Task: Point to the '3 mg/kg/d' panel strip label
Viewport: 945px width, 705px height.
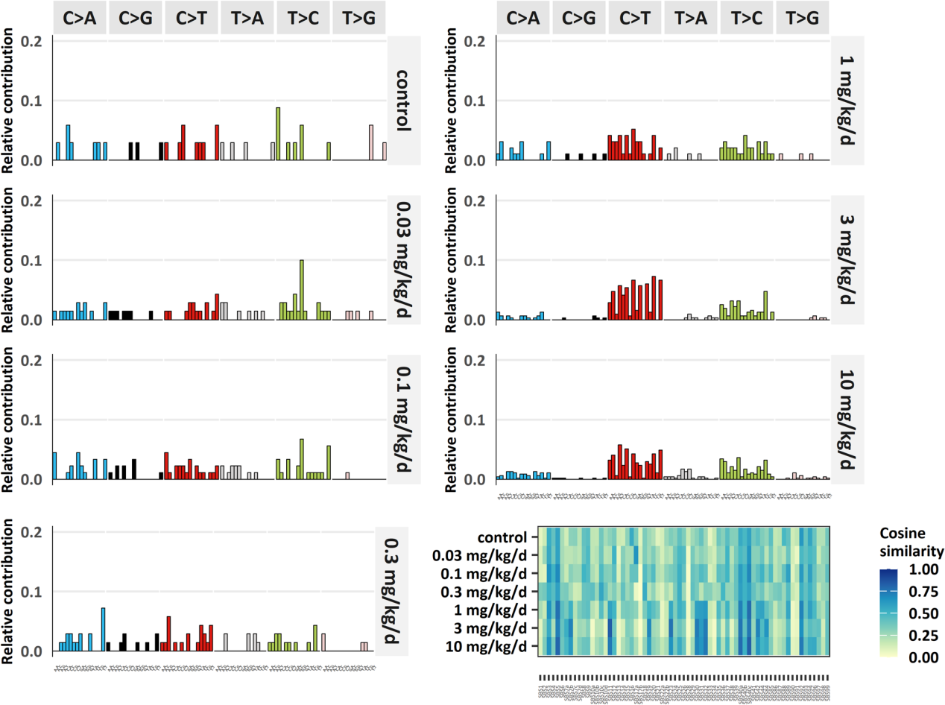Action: coord(847,259)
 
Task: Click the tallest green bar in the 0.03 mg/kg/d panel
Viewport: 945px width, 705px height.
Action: coord(302,290)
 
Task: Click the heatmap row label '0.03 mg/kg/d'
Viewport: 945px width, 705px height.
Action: coord(483,555)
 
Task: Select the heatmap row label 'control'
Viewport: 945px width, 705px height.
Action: coord(502,537)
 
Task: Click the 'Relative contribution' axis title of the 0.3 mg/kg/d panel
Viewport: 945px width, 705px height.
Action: coord(8,590)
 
